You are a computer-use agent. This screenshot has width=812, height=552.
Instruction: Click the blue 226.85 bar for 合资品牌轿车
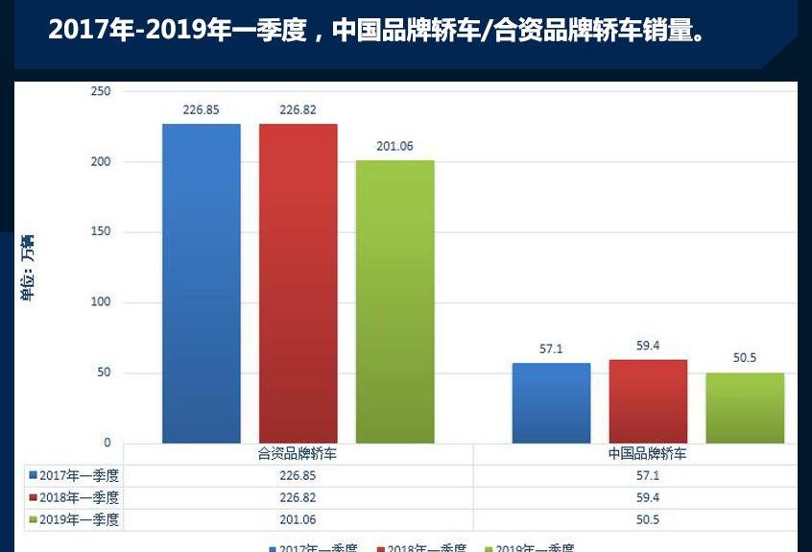[202, 283]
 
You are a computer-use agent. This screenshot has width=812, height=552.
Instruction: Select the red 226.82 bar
[299, 283]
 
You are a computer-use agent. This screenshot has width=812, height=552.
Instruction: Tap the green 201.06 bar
[395, 301]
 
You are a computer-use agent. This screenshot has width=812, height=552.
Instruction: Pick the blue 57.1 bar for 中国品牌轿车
[551, 403]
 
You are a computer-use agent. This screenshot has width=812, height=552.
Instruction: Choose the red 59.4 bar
[648, 401]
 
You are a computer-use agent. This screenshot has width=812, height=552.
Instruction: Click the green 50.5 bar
[745, 408]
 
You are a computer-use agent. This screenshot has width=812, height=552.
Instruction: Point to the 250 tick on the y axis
[101, 91]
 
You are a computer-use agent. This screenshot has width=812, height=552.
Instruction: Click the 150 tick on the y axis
[101, 232]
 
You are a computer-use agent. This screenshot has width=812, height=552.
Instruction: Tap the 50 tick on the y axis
[104, 372]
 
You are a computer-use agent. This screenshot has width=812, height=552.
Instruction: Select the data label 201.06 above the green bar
[394, 146]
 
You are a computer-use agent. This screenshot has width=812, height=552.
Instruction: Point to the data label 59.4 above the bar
[648, 346]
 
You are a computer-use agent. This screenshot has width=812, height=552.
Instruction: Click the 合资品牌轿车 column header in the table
[298, 454]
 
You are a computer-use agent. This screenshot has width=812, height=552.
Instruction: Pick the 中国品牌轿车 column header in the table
[648, 454]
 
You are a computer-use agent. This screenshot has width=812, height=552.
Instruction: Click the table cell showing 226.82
[298, 498]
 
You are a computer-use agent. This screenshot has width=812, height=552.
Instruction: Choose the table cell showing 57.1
[648, 475]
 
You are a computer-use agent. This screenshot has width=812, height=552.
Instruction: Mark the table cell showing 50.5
[648, 520]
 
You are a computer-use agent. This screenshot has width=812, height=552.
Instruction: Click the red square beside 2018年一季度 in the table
[33, 498]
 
